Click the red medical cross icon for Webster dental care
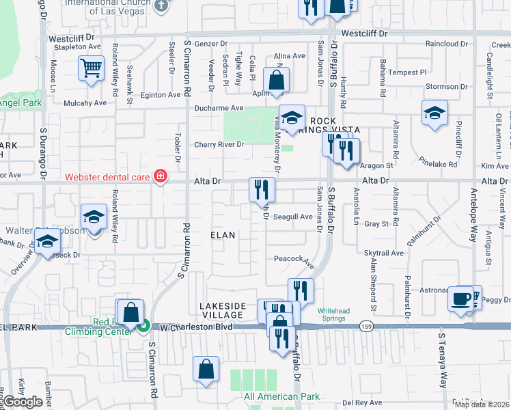(x=161, y=177)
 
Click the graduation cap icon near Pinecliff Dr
(x=434, y=113)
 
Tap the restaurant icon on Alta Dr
(x=261, y=190)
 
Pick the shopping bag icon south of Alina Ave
(x=276, y=80)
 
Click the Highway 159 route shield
(x=366, y=327)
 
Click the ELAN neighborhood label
(x=223, y=235)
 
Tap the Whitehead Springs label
(x=333, y=315)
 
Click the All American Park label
(x=281, y=396)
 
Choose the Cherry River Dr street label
(x=219, y=144)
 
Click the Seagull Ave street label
(x=292, y=217)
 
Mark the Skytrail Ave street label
(x=384, y=253)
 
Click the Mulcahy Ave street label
(x=85, y=103)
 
